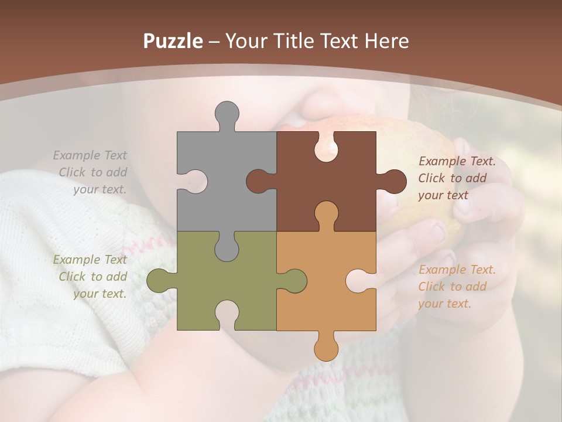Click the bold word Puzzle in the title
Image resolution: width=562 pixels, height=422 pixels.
point(173,41)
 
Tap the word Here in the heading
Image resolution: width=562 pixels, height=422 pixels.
point(386,41)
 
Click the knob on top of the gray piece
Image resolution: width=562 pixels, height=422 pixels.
point(227,114)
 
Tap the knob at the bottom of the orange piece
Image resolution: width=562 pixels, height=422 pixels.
point(326,347)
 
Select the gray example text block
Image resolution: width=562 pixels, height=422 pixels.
point(91,172)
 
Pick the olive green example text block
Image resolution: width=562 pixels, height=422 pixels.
point(91,277)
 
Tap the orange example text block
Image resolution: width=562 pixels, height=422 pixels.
point(457,287)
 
